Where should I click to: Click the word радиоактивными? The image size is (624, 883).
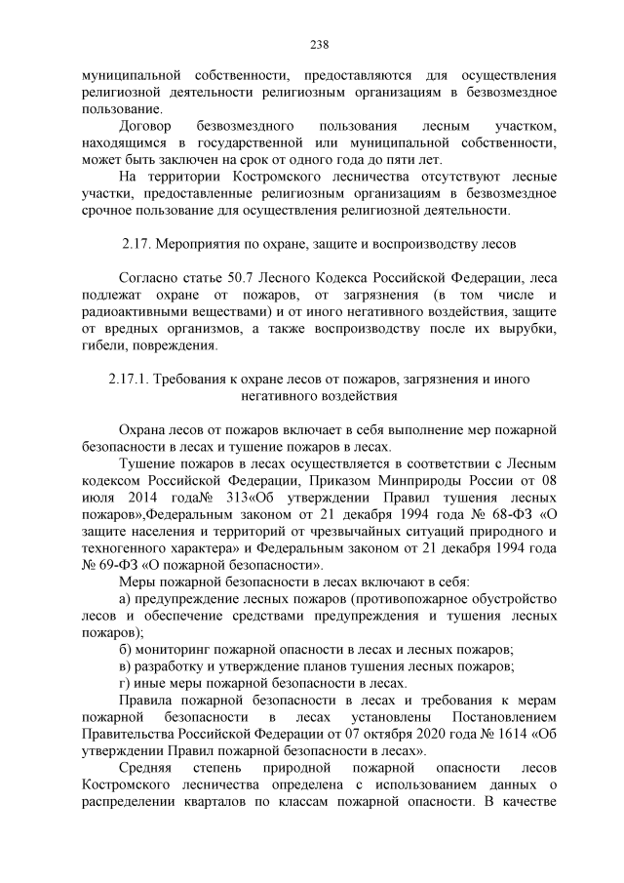[131, 312]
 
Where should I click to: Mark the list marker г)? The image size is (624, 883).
[124, 683]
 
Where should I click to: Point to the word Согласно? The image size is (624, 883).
[146, 278]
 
